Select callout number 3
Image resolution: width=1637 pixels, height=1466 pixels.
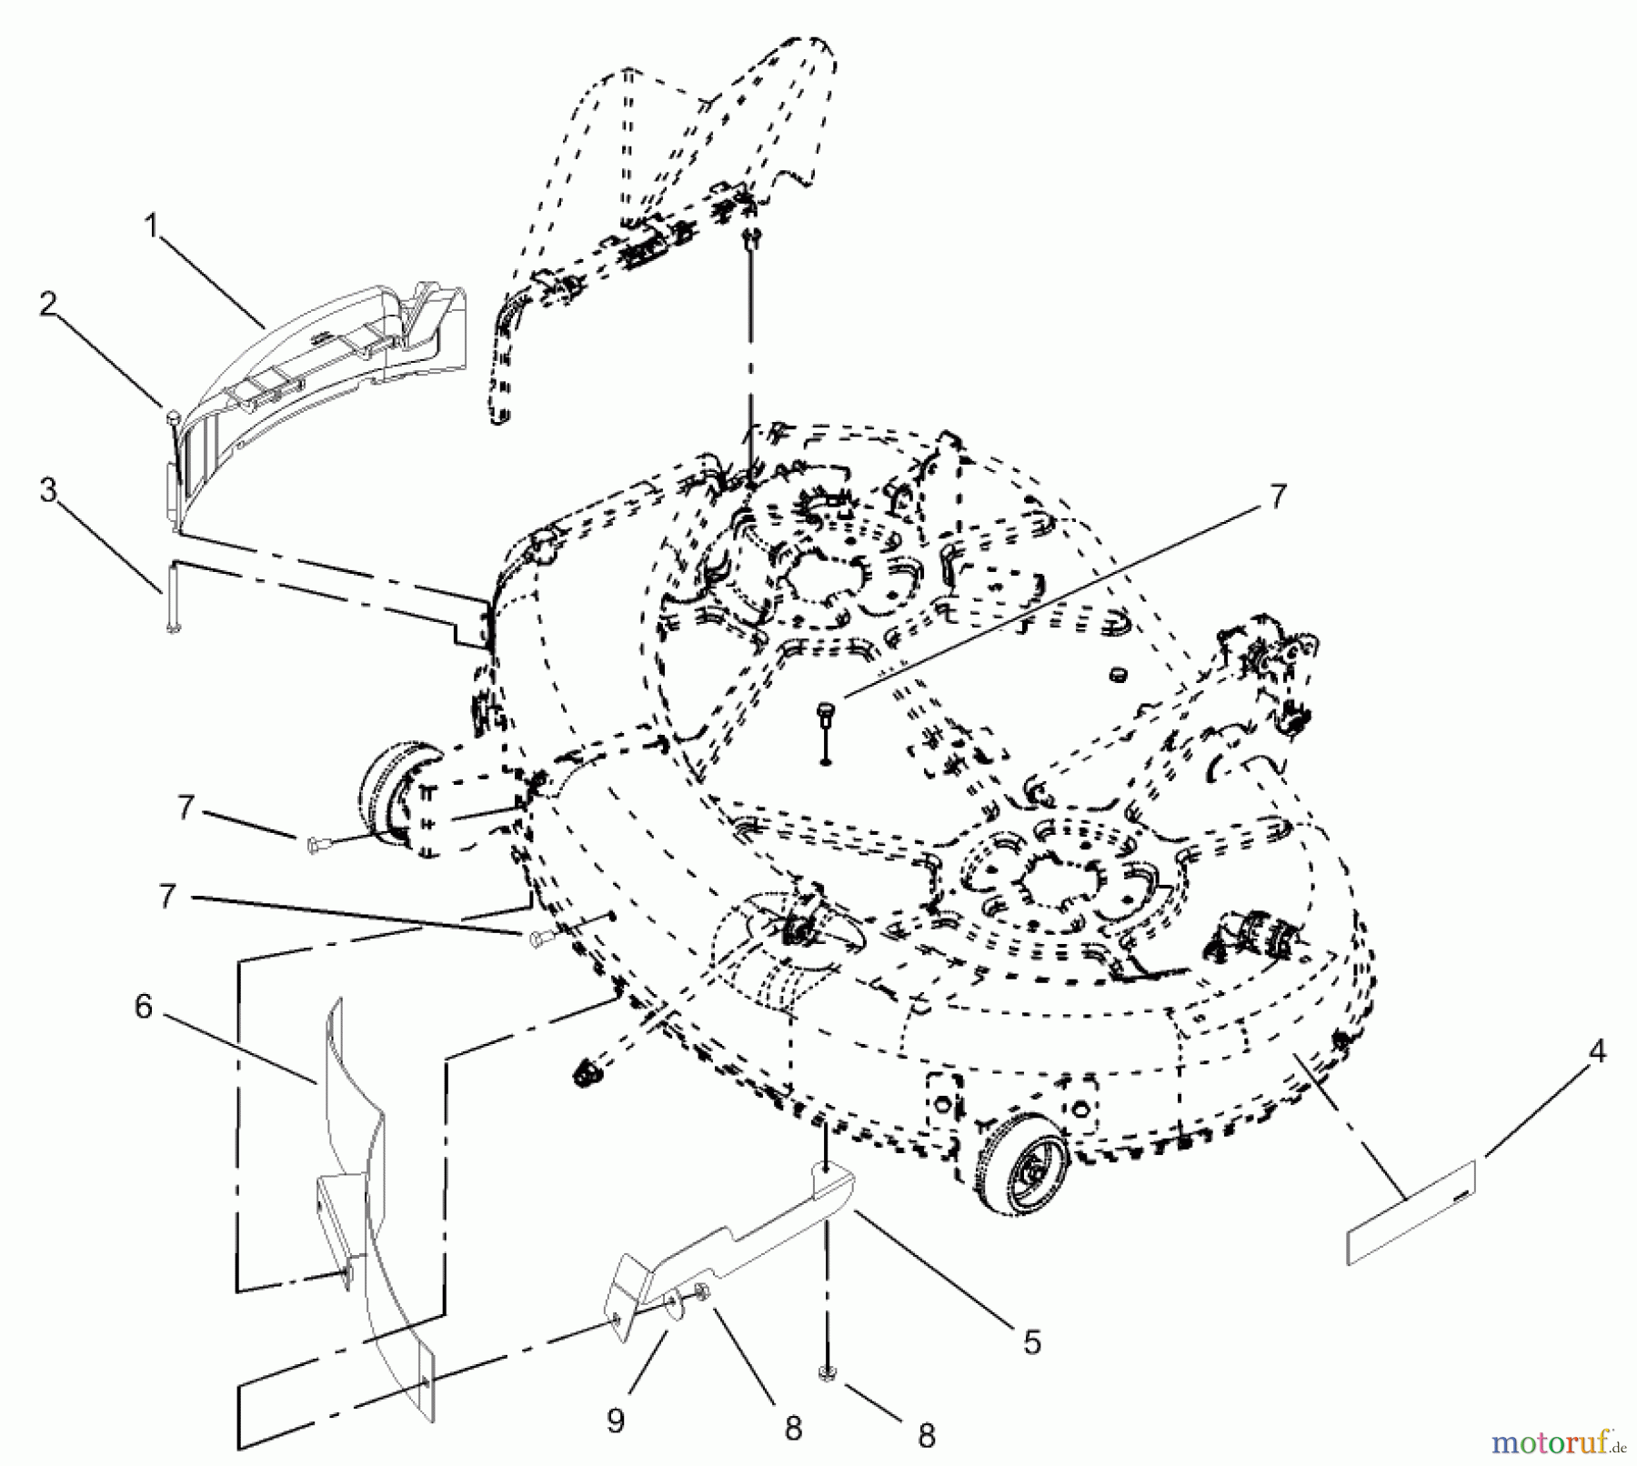point(47,491)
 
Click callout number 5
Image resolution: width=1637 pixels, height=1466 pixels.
point(1030,1341)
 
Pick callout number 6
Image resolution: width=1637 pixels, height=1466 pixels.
point(144,1008)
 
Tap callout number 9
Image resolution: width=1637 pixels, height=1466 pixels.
point(616,1421)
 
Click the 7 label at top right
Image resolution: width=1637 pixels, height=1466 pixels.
point(1278,497)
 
